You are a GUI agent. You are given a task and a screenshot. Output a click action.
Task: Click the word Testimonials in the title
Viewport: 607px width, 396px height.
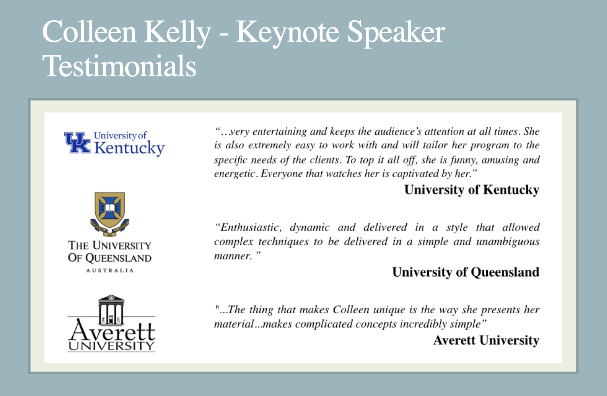pyautogui.click(x=119, y=66)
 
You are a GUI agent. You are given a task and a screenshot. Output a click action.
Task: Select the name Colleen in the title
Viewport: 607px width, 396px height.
pyautogui.click(x=89, y=32)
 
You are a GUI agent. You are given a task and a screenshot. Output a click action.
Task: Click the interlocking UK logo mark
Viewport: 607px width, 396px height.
pyautogui.click(x=77, y=143)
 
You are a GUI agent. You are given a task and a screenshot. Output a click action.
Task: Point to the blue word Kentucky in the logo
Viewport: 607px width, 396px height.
pyautogui.click(x=129, y=149)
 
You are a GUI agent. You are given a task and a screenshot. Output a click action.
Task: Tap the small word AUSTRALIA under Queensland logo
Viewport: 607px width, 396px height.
pyautogui.click(x=110, y=270)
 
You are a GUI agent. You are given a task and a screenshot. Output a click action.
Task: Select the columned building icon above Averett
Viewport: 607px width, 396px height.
pyautogui.click(x=111, y=309)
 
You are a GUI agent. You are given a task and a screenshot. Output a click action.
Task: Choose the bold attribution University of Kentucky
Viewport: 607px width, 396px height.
pyautogui.click(x=472, y=190)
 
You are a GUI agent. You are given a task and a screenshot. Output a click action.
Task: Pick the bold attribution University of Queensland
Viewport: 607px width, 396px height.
pyautogui.click(x=465, y=272)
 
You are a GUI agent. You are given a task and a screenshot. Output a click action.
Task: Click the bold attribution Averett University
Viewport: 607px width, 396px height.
pyautogui.click(x=487, y=340)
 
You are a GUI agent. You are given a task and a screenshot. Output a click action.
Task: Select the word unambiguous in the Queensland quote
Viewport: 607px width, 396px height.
pyautogui.click(x=508, y=242)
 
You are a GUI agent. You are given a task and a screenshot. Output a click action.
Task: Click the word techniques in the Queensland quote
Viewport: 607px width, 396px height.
pyautogui.click(x=283, y=242)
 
